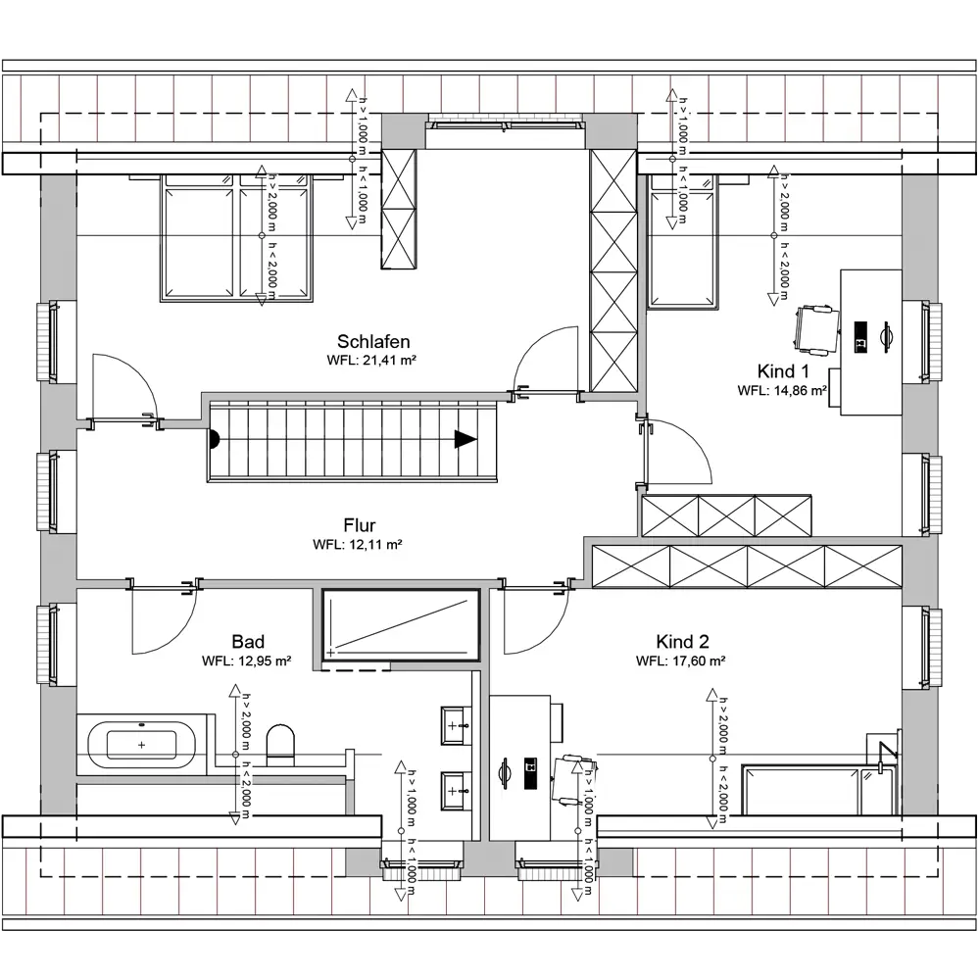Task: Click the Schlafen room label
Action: click(x=373, y=341)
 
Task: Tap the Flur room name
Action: click(x=360, y=525)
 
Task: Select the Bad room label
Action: click(x=248, y=641)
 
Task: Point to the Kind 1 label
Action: click(x=782, y=371)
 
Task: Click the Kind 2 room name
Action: click(x=682, y=641)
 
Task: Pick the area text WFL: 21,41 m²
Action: click(x=371, y=361)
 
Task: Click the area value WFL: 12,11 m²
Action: click(x=358, y=544)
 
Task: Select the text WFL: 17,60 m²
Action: click(x=681, y=661)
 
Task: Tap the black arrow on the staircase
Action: click(x=465, y=439)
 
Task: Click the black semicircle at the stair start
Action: click(x=215, y=439)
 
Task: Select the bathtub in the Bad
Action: click(x=141, y=745)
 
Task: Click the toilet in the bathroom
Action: click(x=279, y=745)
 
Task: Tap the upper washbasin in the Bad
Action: click(x=457, y=725)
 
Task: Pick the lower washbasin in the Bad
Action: click(x=457, y=791)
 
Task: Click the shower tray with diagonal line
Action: click(x=401, y=625)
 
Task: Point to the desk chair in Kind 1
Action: click(x=817, y=329)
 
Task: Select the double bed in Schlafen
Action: click(x=236, y=237)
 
